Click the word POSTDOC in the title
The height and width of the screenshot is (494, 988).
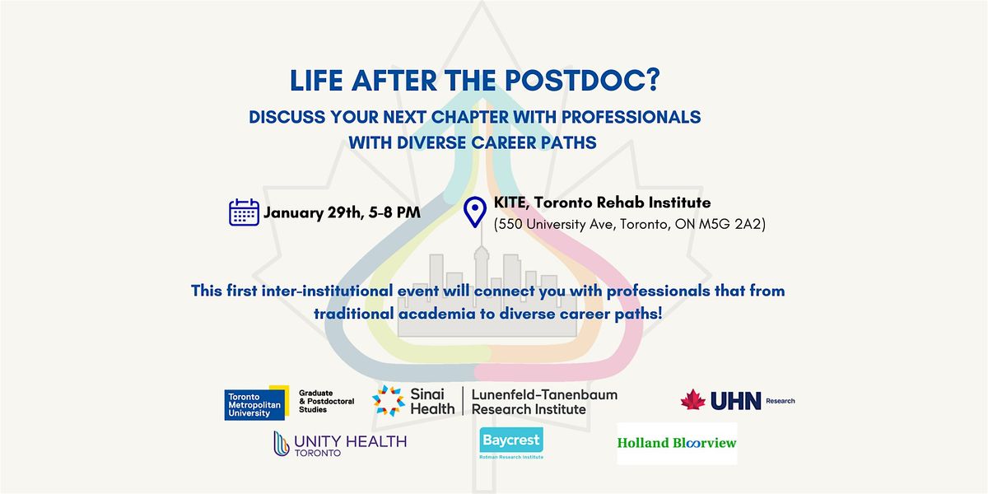tap(576, 81)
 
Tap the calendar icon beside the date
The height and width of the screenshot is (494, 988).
tap(244, 212)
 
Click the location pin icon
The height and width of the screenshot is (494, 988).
tap(474, 212)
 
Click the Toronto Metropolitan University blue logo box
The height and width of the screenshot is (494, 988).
tap(255, 404)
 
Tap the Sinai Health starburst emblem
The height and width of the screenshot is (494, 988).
tap(388, 400)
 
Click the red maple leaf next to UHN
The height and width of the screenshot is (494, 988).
tap(693, 400)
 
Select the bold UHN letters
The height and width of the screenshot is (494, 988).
tap(736, 400)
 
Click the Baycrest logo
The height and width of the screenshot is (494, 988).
tap(511, 443)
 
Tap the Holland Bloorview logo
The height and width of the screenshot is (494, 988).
tap(677, 443)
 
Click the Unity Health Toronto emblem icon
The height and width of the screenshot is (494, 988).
tap(281, 443)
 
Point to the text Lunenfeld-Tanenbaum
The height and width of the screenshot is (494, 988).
tap(544, 394)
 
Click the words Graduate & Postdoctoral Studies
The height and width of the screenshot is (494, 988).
tap(326, 401)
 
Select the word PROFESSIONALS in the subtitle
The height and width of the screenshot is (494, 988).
tap(631, 117)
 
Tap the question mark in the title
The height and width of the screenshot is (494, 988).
tap(654, 81)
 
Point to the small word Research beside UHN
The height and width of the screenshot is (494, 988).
tap(781, 401)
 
